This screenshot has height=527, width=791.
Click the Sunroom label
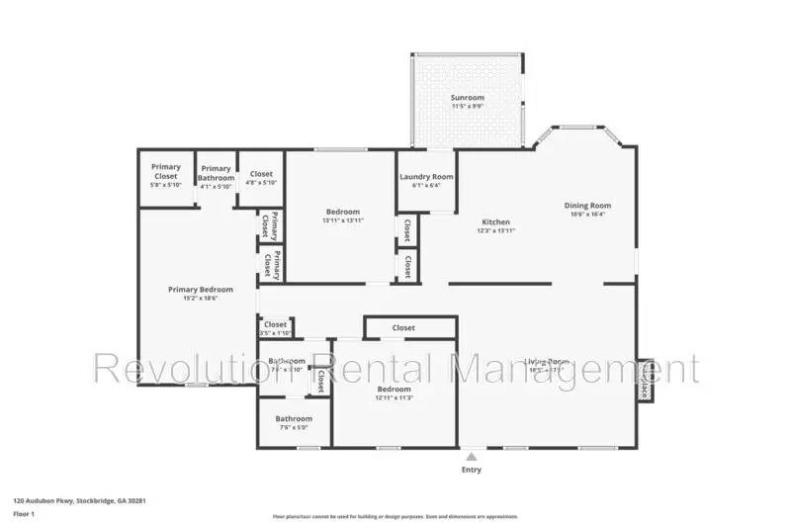[468, 98]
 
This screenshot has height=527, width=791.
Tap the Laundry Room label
[426, 177]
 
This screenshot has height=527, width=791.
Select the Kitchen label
[495, 221]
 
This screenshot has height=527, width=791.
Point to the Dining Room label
[587, 206]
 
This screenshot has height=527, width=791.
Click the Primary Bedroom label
[200, 289]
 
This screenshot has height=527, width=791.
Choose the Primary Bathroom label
[216, 173]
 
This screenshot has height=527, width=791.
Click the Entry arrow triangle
[472, 457]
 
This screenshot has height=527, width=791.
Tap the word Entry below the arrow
[472, 470]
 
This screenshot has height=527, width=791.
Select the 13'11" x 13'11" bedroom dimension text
[342, 220]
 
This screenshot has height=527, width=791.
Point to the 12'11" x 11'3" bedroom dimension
[395, 398]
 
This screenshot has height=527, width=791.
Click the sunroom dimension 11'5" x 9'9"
[468, 107]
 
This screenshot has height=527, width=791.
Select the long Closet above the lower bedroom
[403, 327]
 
